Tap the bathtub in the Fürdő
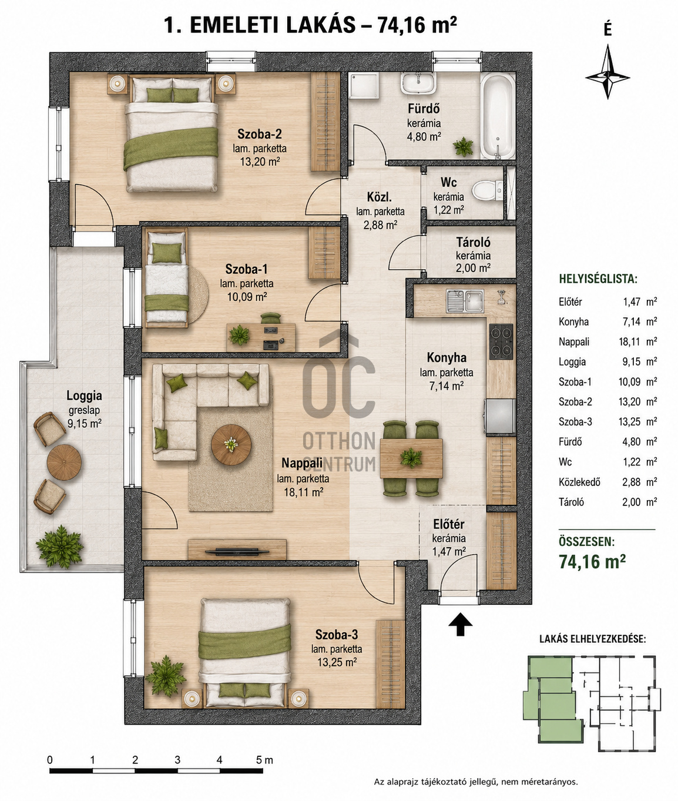tap(498, 116)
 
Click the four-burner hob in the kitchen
tap(501, 341)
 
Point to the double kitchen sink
tap(465, 301)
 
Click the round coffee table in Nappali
tap(231, 444)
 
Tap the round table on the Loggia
tap(64, 462)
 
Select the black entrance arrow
tap(460, 625)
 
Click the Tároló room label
tap(473, 243)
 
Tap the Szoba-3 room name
tap(336, 634)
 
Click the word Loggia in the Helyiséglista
tap(572, 361)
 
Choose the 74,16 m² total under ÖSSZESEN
tap(592, 561)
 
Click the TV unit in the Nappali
tap(237, 549)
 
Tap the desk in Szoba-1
tap(261, 337)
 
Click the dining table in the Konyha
tap(411, 458)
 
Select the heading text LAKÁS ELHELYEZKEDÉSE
tap(592, 639)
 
